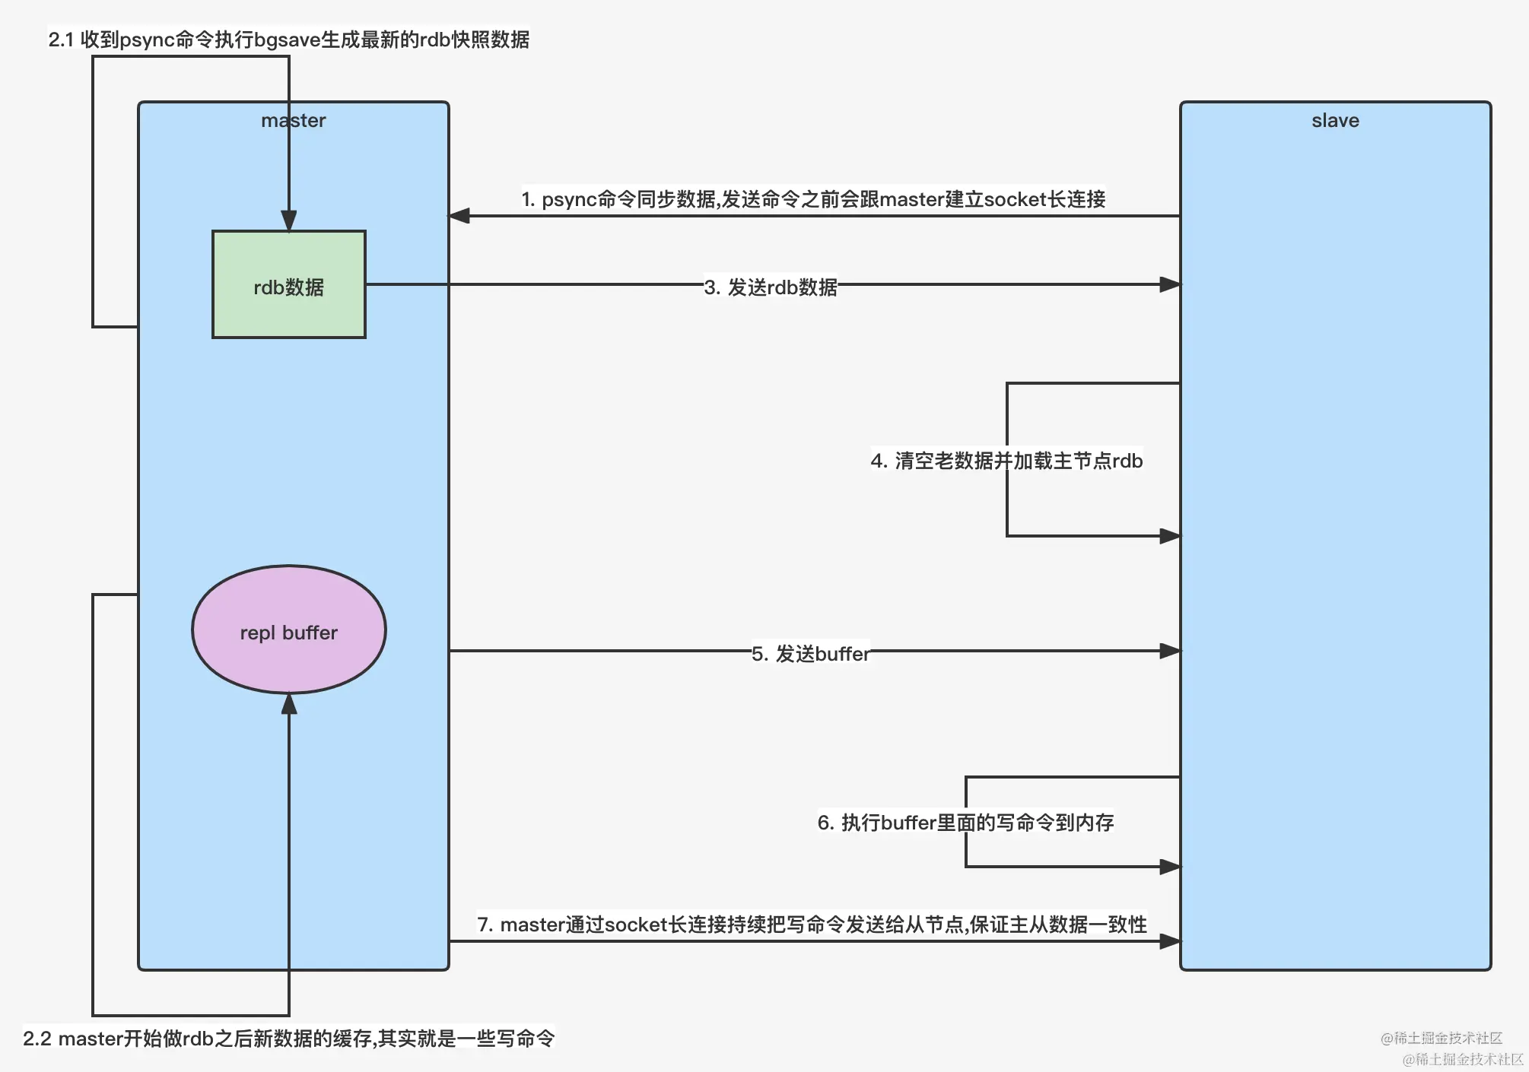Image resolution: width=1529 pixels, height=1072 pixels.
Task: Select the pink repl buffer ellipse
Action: click(288, 630)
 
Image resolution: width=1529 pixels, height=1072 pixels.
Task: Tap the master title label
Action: click(293, 120)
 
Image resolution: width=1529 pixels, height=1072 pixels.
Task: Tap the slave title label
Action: click(1335, 120)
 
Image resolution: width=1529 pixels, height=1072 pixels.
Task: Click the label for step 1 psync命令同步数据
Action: click(812, 199)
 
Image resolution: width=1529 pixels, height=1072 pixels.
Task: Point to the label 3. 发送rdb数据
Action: click(770, 287)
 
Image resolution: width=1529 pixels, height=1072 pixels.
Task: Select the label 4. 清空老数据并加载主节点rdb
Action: click(1006, 460)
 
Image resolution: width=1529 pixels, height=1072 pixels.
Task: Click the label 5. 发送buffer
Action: click(810, 653)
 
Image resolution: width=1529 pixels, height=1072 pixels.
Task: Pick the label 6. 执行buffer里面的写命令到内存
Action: click(965, 822)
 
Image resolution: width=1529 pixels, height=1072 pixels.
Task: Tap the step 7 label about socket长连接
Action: click(811, 924)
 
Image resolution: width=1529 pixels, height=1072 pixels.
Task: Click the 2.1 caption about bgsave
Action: click(288, 40)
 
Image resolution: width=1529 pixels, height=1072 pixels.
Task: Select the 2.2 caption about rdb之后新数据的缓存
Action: click(288, 1038)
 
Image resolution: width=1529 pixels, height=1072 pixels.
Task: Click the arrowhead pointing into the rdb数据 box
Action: click(289, 221)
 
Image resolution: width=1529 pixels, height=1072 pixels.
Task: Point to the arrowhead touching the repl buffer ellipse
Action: click(289, 703)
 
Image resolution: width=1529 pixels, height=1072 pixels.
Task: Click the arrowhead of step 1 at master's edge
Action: click(459, 216)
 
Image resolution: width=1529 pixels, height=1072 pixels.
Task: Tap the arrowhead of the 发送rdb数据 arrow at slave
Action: click(1170, 284)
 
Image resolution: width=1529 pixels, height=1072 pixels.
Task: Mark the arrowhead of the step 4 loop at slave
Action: click(1170, 536)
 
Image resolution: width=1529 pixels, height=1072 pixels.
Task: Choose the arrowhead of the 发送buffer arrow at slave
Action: click(1170, 651)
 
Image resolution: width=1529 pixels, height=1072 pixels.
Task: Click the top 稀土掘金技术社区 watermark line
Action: click(1441, 1038)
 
